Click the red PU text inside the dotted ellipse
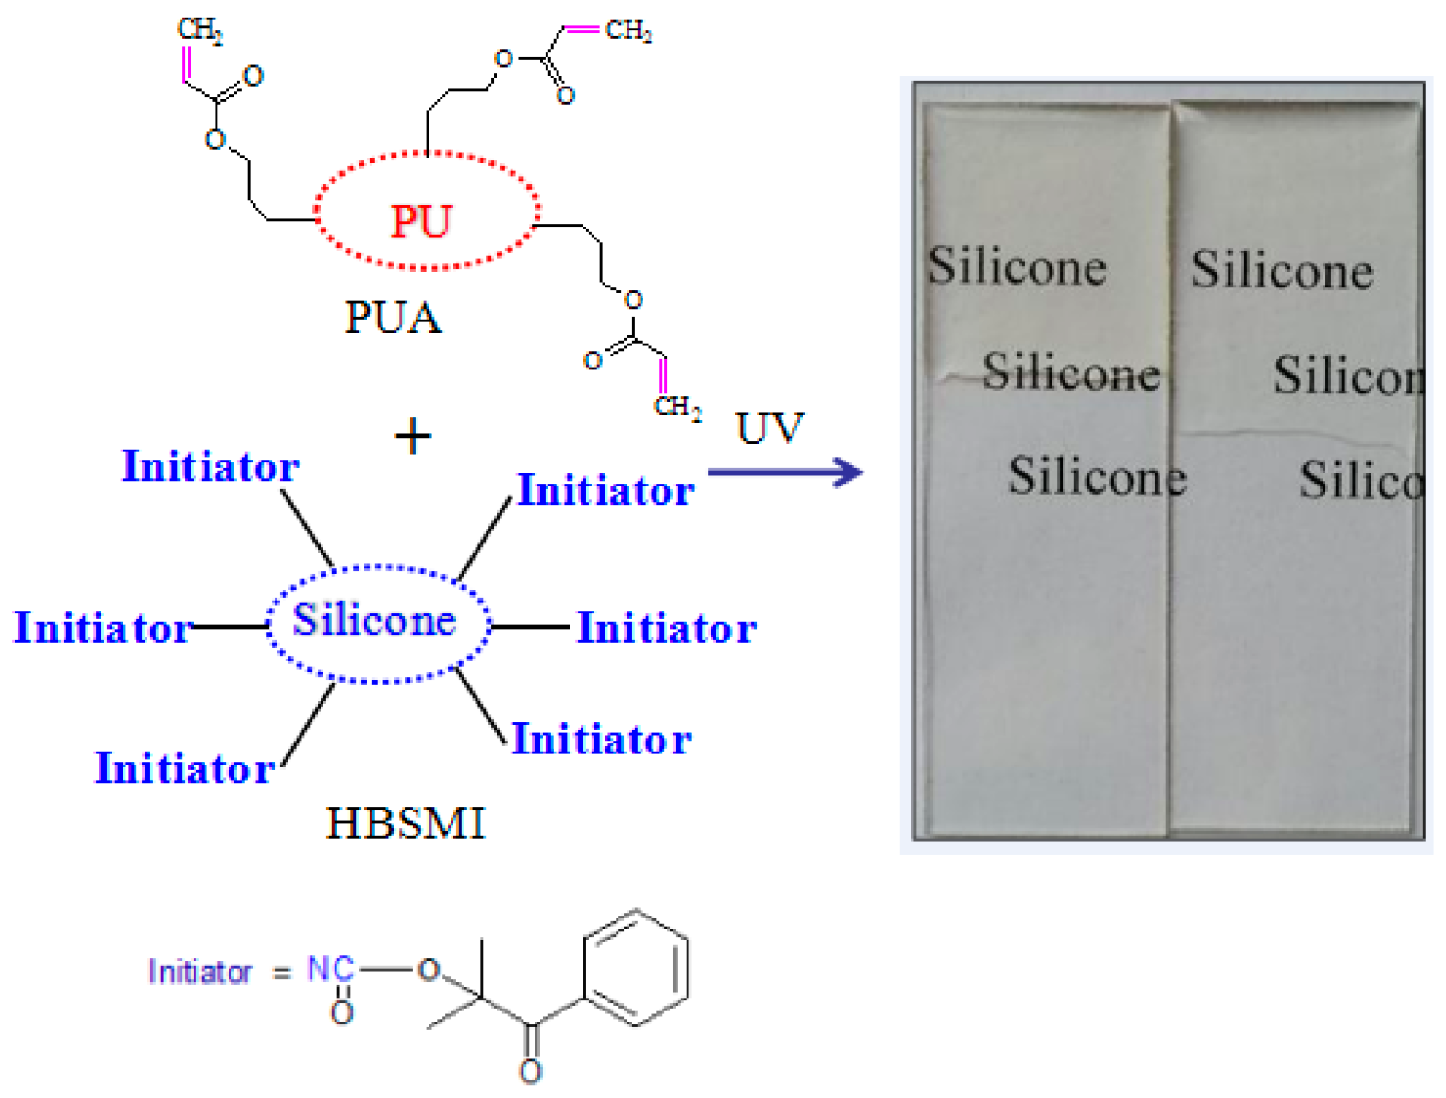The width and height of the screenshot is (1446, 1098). (421, 221)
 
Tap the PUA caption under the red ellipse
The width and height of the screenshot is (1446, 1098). (393, 318)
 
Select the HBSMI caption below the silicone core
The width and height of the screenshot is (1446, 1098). (406, 823)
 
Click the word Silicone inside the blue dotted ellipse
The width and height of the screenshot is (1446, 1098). (374, 620)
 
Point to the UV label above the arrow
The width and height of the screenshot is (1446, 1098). (770, 428)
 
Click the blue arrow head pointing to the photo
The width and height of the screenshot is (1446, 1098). (848, 473)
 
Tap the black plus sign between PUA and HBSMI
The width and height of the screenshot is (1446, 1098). (413, 436)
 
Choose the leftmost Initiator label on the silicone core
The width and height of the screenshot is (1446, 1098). (102, 627)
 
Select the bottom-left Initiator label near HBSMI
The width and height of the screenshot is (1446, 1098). (184, 767)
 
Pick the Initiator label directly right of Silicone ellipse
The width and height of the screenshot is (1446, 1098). (666, 627)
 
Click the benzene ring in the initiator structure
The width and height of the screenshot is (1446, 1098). (636, 967)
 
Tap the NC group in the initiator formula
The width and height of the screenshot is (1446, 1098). (330, 969)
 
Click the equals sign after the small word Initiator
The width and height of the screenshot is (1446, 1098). (281, 972)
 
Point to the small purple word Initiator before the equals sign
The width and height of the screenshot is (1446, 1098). (199, 972)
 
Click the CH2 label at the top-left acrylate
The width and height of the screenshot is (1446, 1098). (200, 29)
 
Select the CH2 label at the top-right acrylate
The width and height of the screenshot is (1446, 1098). (629, 30)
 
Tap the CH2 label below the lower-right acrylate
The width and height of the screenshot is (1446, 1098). (678, 406)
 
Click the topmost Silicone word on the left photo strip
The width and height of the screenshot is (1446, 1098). (1017, 267)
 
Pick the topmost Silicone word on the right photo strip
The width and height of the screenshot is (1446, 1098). (1282, 271)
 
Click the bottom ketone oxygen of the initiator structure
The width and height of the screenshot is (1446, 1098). (530, 1070)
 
